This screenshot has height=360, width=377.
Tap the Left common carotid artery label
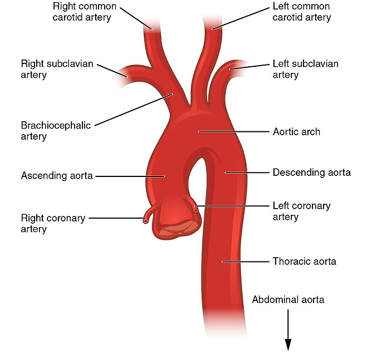[301, 12]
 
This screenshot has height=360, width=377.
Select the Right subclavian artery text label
[57, 69]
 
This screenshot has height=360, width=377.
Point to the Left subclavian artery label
[305, 69]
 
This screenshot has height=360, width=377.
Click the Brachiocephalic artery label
[56, 131]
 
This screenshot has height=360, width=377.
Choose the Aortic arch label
[296, 132]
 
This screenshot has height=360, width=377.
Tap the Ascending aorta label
[56, 175]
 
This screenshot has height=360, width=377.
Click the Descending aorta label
[311, 172]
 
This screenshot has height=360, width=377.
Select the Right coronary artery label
[53, 223]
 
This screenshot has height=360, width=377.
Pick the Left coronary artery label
[301, 211]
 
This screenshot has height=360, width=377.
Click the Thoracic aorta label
[304, 260]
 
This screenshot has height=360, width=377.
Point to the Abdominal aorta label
[288, 299]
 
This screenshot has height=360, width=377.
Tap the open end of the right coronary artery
[145, 221]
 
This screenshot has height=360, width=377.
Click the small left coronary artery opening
[195, 209]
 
